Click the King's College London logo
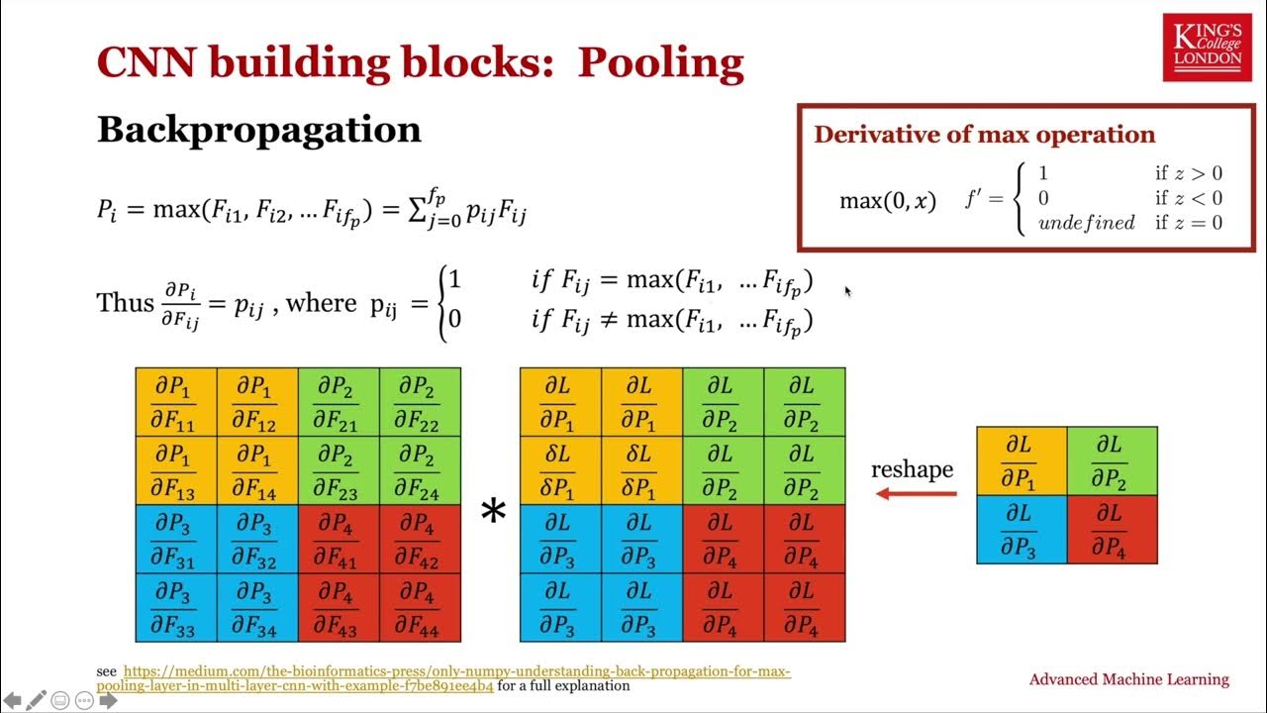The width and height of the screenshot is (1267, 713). pyautogui.click(x=1207, y=48)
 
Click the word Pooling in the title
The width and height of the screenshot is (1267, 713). pyautogui.click(x=660, y=63)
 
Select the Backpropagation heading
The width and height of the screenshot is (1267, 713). pyautogui.click(x=258, y=130)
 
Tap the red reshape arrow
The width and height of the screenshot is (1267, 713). pyautogui.click(x=916, y=493)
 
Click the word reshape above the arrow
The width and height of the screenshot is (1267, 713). pyautogui.click(x=912, y=468)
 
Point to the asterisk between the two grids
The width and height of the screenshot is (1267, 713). pyautogui.click(x=492, y=512)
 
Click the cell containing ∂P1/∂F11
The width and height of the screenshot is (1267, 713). pyautogui.click(x=176, y=402)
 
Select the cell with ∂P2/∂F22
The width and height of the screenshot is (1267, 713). pyautogui.click(x=420, y=402)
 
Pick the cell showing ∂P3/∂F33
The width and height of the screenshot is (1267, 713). pyautogui.click(x=176, y=608)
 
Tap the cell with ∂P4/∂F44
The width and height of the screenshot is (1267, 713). pyautogui.click(x=420, y=608)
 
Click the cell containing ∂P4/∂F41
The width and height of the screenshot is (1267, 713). pyautogui.click(x=339, y=540)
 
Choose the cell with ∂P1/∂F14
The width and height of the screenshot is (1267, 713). pyautogui.click(x=257, y=470)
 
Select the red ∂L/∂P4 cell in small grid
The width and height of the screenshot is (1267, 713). pyautogui.click(x=1112, y=530)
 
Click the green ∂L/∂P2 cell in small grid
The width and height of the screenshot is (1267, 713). pyautogui.click(x=1112, y=460)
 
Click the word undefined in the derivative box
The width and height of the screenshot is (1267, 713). pyautogui.click(x=1086, y=223)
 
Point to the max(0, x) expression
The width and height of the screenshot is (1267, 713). pyautogui.click(x=887, y=201)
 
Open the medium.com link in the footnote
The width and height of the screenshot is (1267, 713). pyautogui.click(x=445, y=678)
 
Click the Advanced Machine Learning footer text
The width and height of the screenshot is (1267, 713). pyautogui.click(x=1128, y=679)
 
